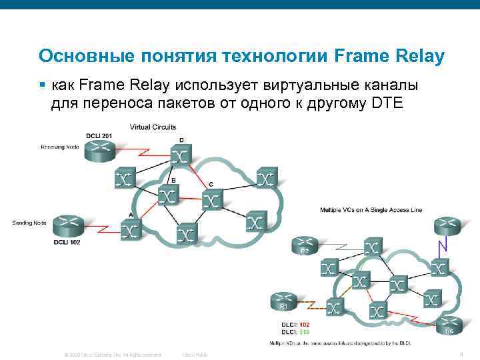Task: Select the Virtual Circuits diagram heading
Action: click(153, 126)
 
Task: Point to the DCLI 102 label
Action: click(67, 242)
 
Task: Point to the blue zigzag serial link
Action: click(441, 247)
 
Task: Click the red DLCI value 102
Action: click(303, 325)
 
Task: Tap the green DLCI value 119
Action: click(303, 331)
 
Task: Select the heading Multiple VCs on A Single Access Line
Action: click(371, 210)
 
